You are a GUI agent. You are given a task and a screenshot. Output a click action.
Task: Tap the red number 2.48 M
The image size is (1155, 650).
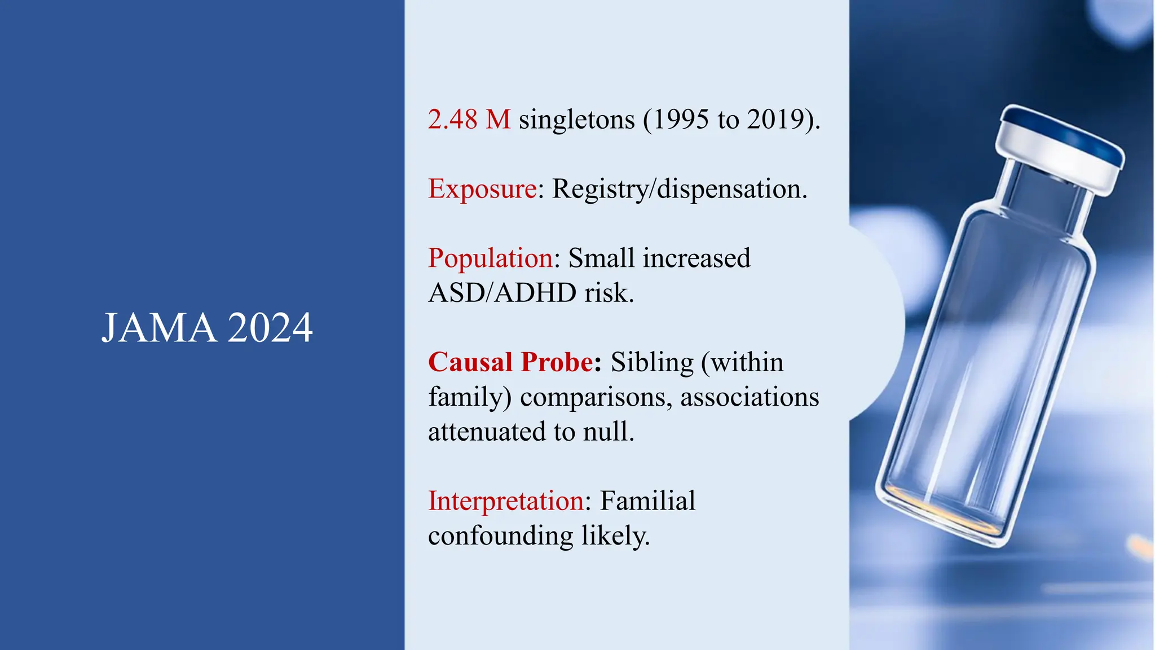[469, 120]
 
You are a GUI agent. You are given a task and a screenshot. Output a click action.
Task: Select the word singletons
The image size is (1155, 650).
[576, 120]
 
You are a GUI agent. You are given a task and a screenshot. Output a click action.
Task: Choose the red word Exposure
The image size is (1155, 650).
[482, 189]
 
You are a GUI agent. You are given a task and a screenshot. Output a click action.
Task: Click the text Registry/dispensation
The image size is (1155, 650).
[679, 189]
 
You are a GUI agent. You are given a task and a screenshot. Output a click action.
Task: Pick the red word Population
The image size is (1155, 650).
[490, 258]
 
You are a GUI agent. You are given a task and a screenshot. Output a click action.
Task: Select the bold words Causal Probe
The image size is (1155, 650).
[510, 362]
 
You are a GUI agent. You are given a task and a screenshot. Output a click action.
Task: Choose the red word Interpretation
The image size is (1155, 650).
[505, 501]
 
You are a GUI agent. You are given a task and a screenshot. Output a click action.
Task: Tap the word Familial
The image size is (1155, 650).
[647, 501]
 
